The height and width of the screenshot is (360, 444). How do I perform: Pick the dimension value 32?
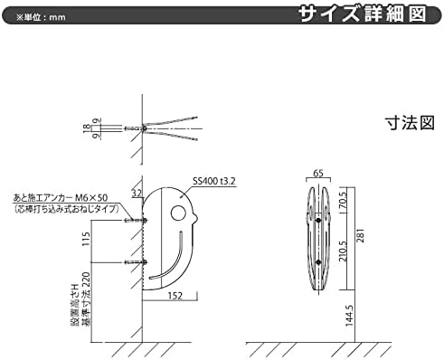coord(137,192)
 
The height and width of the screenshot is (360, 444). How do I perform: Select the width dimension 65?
coord(318,170)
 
